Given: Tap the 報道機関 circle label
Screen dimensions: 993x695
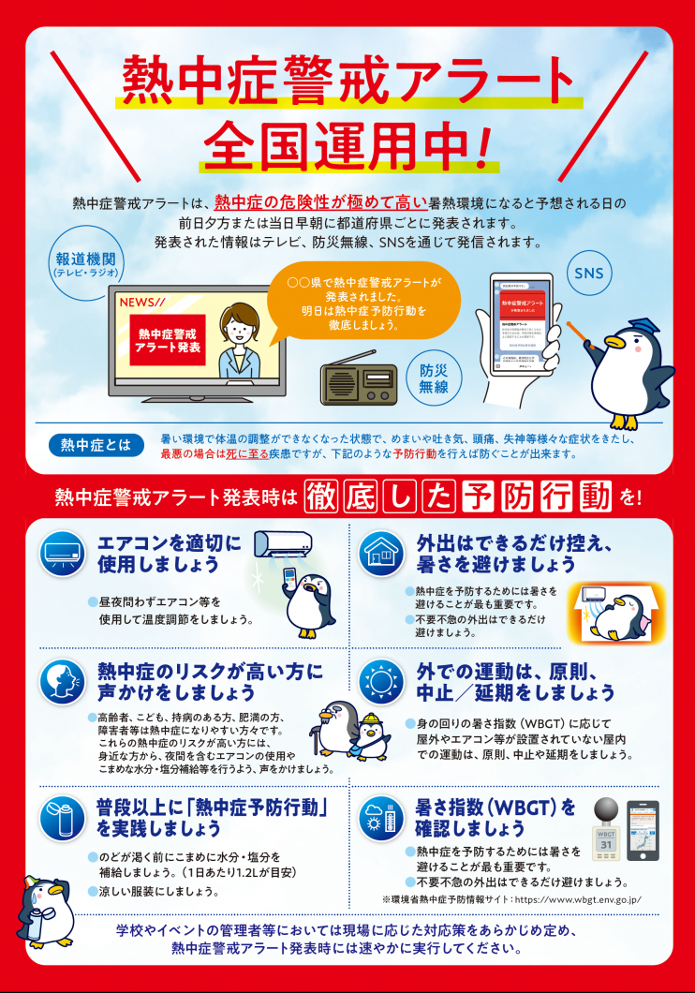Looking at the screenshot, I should coord(84,265).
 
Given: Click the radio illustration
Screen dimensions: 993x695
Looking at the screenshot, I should coord(360,381).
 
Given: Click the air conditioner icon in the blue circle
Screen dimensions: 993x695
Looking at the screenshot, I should coord(63,553).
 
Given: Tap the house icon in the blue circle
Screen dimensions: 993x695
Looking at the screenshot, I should coord(381,553).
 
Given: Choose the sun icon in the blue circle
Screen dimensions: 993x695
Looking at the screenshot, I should coord(381,681).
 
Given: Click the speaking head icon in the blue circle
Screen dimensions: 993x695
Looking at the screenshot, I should coord(63,681).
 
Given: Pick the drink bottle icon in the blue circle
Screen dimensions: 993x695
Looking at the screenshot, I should coord(63,817).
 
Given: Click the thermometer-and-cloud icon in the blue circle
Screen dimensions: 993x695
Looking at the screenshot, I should coord(381,817).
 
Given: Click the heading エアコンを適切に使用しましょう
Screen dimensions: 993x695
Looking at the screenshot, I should coord(170,554).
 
